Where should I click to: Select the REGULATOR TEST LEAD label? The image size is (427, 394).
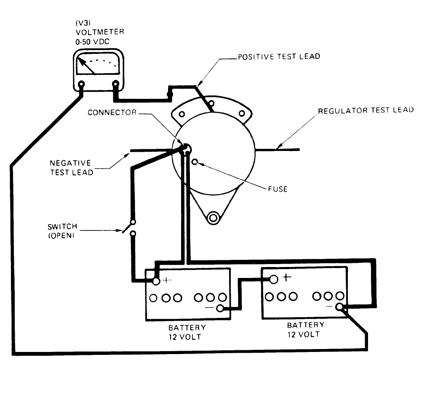pyautogui.click(x=365, y=111)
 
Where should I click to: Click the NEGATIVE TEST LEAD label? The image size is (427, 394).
pyautogui.click(x=71, y=167)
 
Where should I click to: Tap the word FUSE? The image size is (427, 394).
pyautogui.click(x=278, y=189)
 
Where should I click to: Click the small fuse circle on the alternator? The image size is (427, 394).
pyautogui.click(x=194, y=161)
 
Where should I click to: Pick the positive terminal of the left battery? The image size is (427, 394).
pyautogui.click(x=156, y=281)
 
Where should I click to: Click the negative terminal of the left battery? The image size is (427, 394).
pyautogui.click(x=219, y=309)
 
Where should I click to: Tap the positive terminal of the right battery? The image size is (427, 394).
pyautogui.click(x=274, y=279)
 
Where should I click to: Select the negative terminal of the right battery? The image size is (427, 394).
pyautogui.click(x=340, y=307)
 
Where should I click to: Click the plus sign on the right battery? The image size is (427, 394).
pyautogui.click(x=287, y=277)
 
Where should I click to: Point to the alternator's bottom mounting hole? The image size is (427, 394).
pyautogui.click(x=213, y=218)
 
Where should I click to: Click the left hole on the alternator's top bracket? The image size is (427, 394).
pyautogui.click(x=181, y=114)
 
